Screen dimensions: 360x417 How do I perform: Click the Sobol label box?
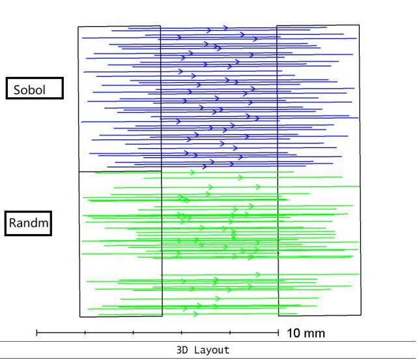tap(35, 89)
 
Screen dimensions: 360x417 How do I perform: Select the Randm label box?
tap(29, 223)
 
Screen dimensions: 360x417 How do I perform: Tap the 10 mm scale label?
tap(305, 333)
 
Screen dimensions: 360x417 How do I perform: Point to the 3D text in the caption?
tap(183, 350)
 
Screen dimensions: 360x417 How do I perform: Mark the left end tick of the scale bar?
tap(36, 333)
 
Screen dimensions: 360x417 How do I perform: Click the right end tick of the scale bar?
tap(278, 333)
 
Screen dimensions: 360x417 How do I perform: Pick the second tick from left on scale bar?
tap(85, 333)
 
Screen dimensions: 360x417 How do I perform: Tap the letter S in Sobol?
tap(18, 89)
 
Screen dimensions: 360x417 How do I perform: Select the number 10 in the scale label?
tap(293, 333)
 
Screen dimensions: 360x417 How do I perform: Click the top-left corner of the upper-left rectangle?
tap(78, 27)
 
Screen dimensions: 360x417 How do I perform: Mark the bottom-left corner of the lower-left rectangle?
tap(79, 317)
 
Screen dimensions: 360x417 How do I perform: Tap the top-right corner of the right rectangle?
tap(358, 25)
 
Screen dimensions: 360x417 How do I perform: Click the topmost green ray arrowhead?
tap(192, 172)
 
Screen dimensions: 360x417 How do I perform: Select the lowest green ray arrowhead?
tap(195, 314)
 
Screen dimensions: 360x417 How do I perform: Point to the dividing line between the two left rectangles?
tap(120, 172)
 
